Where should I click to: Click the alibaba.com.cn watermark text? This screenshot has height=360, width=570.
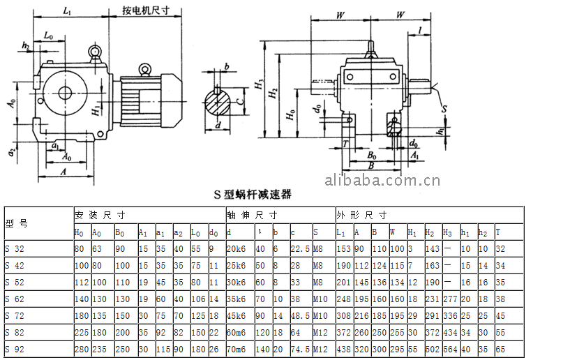[x=382, y=181]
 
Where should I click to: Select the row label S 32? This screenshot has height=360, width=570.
[x=15, y=249]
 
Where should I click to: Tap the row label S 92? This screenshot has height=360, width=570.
[x=15, y=350]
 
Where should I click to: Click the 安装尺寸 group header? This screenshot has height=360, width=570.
[x=100, y=214]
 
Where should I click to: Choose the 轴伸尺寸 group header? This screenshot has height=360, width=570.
[x=252, y=214]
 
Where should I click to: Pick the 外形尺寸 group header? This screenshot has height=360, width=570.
[x=361, y=214]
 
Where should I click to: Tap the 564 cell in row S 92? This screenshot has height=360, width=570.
[x=450, y=350]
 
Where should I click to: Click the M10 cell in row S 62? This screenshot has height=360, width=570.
[x=320, y=299]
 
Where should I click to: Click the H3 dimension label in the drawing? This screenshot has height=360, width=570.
[x=257, y=87]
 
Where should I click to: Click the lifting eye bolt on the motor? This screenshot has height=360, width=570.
[x=145, y=68]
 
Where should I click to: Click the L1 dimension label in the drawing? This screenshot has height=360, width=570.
[x=67, y=10]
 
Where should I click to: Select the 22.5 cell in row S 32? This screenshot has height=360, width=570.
[x=300, y=249]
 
